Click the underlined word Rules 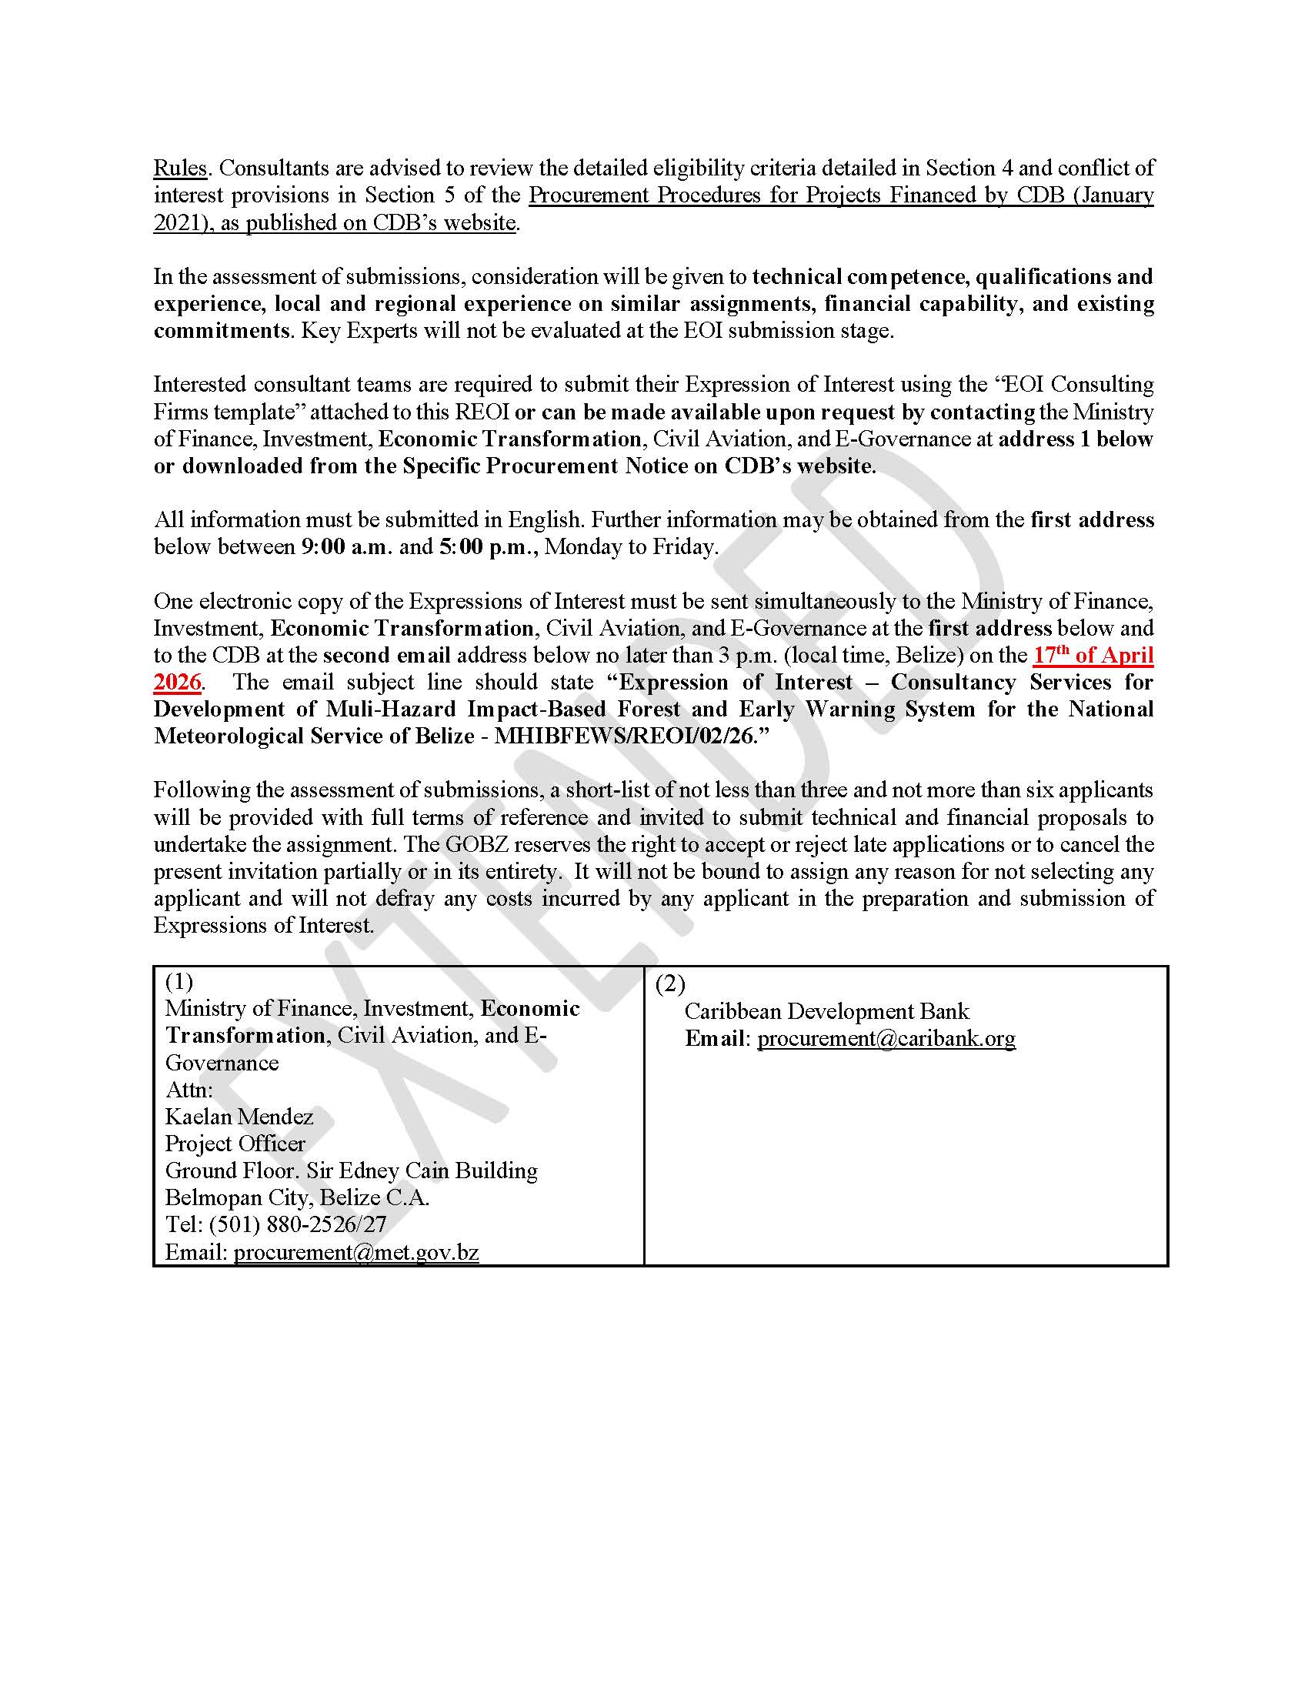[180, 169]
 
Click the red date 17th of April [1093, 655]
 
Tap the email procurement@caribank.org [886, 1038]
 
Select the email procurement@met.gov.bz [356, 1252]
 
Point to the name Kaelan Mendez [239, 1117]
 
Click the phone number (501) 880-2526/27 [298, 1225]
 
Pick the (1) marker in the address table [179, 982]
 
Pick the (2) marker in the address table [669, 983]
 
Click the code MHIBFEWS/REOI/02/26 [623, 736]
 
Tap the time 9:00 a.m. [346, 546]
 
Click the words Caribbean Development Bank [827, 1011]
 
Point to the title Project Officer [235, 1144]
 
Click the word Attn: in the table [189, 1089]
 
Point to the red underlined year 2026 [178, 682]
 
